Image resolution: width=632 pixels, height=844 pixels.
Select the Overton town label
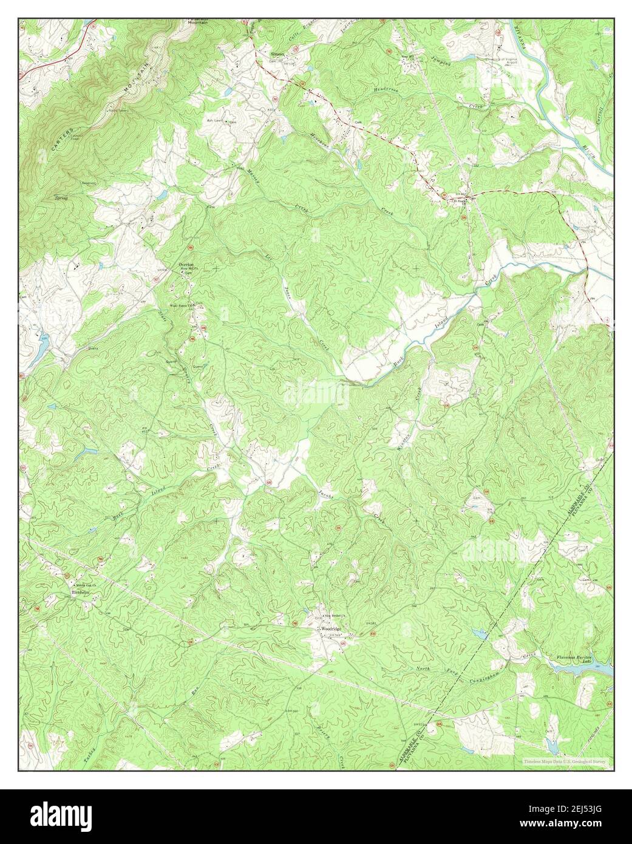(186, 264)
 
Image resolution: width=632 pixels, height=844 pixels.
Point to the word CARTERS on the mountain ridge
(63, 141)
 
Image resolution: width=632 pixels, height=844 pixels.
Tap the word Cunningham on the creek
(484, 673)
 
